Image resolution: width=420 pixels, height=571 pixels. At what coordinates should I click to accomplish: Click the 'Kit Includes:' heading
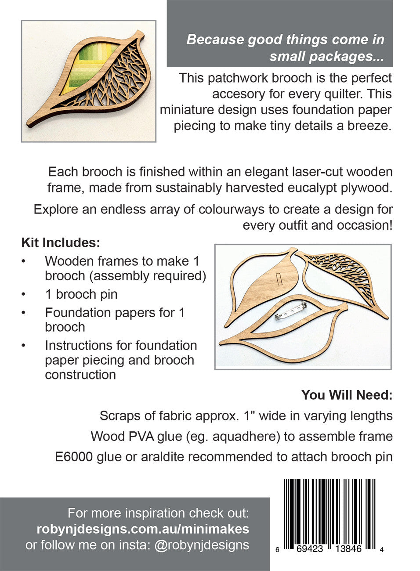tap(61, 243)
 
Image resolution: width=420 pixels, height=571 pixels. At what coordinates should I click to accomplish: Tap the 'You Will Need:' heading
tap(347, 395)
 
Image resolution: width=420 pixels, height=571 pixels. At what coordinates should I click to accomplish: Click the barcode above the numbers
tap(329, 511)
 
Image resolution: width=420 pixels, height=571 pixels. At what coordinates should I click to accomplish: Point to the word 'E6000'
tap(74, 457)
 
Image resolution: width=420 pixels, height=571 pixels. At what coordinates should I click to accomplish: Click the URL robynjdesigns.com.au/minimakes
tap(143, 529)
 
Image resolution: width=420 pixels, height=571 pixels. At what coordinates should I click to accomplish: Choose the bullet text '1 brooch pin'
tap(81, 294)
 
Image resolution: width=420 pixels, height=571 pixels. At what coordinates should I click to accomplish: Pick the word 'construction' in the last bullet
tap(80, 375)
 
